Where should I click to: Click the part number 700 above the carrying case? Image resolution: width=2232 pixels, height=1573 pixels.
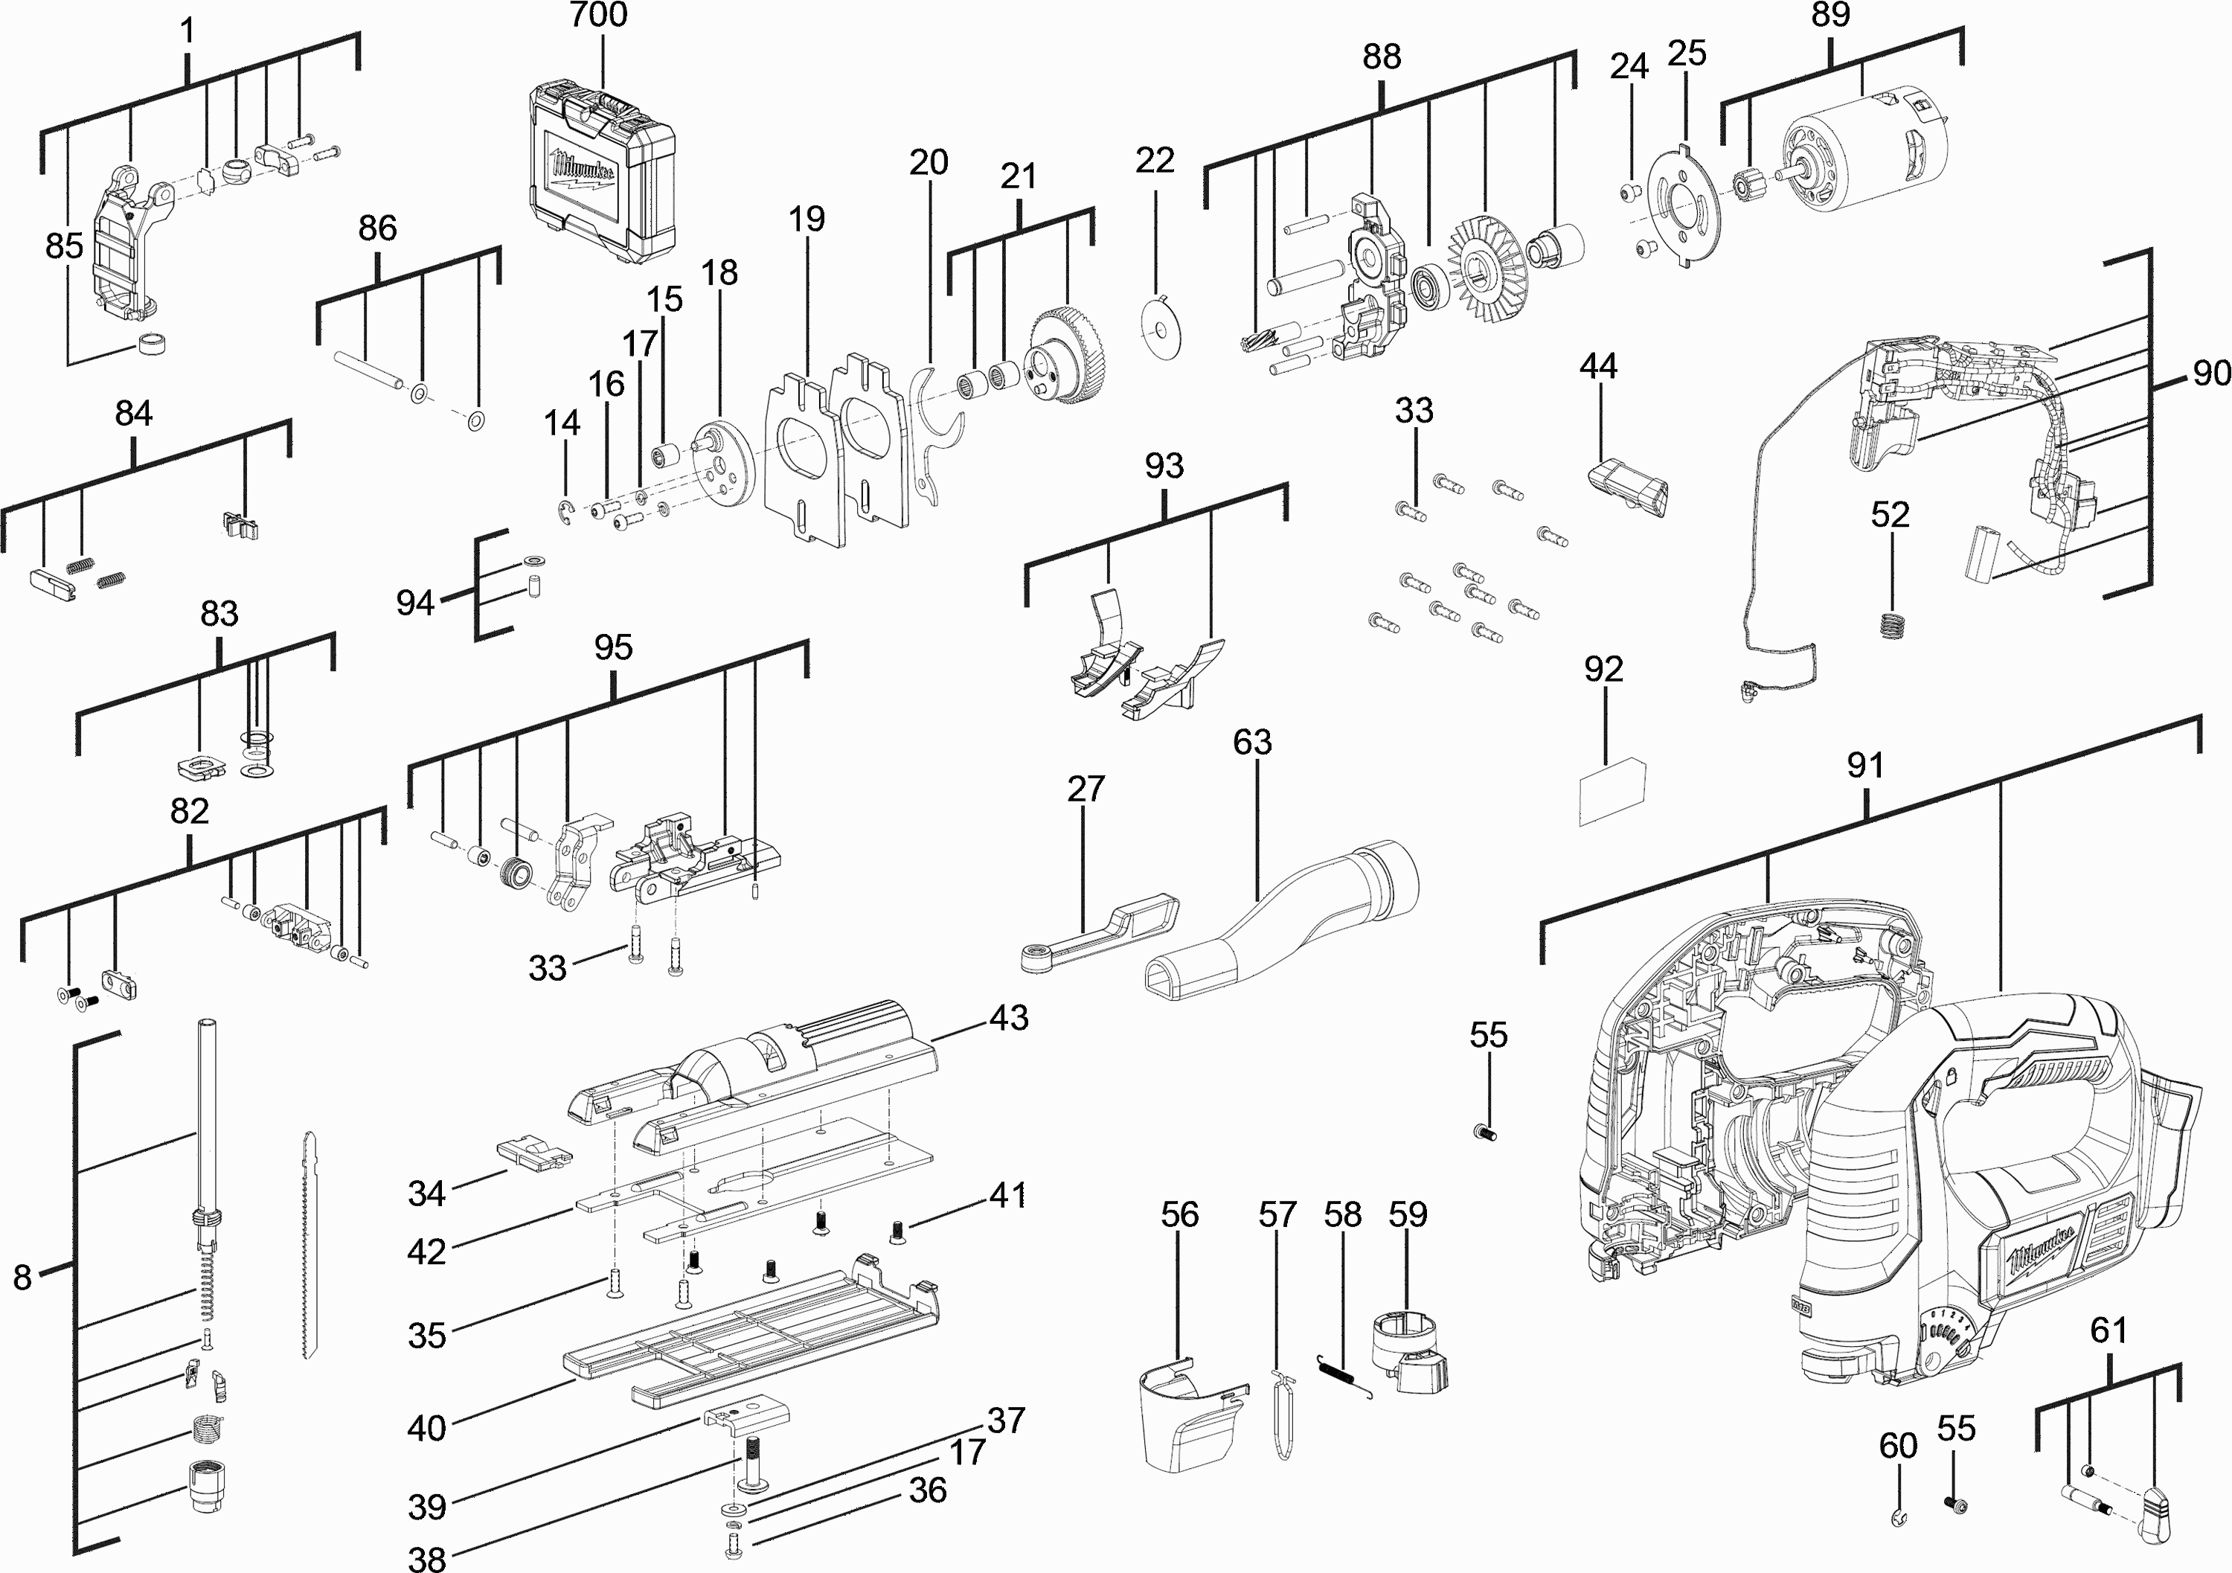(x=599, y=16)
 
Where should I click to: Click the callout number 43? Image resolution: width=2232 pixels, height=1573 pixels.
(x=1008, y=1017)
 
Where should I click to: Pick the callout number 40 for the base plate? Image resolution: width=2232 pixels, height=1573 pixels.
(x=426, y=1428)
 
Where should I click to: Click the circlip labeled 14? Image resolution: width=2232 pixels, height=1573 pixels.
(x=568, y=513)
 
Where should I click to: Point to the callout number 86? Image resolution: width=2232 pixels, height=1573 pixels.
(x=377, y=228)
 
